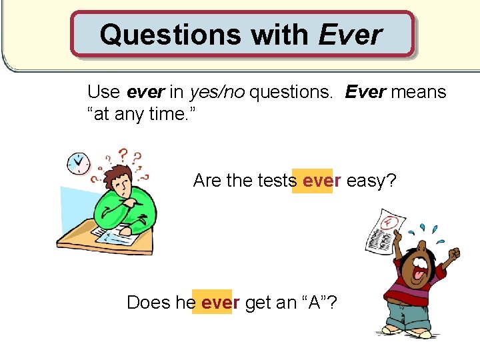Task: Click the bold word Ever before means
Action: (x=365, y=91)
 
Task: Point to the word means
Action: (x=418, y=91)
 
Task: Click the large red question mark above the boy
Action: (x=123, y=155)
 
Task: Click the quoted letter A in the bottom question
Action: (x=311, y=303)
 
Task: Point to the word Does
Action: (x=149, y=303)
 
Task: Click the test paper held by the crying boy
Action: (x=381, y=233)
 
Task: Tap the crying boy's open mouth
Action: (x=422, y=270)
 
